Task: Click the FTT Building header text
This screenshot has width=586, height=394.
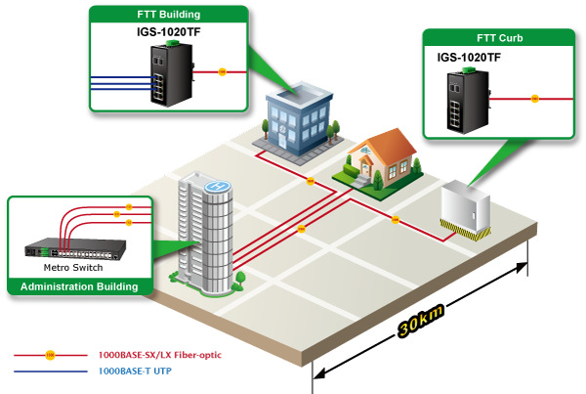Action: (x=166, y=16)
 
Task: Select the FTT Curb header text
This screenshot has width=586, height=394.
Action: (x=499, y=38)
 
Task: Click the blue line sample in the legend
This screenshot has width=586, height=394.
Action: (x=49, y=372)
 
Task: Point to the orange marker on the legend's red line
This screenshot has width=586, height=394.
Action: (x=50, y=354)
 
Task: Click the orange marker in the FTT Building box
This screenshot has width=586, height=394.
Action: (x=222, y=71)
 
